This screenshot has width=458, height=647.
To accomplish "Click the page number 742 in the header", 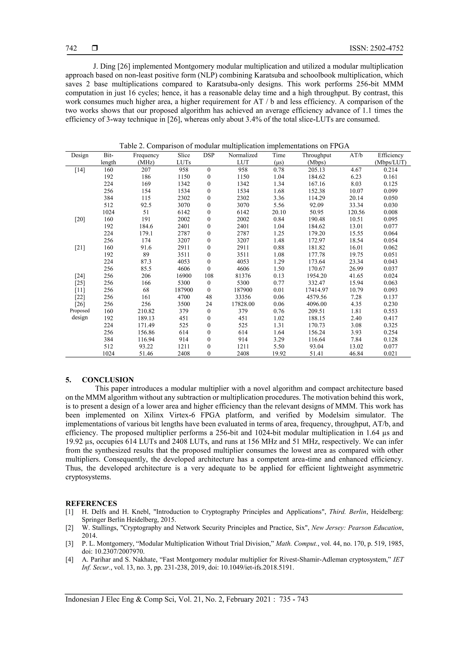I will (71, 48).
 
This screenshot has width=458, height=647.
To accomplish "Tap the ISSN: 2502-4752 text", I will (376, 48).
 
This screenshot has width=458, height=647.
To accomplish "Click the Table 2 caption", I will (234, 146).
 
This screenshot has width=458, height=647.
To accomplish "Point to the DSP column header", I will (209, 155).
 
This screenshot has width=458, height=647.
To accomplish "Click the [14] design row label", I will (80, 170).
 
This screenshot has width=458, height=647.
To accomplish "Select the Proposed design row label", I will (80, 314).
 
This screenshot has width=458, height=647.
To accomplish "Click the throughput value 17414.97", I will (316, 290).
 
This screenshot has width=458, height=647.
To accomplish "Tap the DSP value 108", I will (209, 276).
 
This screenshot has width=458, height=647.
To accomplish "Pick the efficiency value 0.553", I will (390, 311).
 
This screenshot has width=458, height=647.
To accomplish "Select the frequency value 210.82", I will (146, 311).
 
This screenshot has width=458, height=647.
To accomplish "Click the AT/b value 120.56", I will (356, 212).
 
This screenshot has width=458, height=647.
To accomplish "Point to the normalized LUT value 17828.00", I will (243, 304).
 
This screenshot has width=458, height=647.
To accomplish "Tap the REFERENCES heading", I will (91, 504).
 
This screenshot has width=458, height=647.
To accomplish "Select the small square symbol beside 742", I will (95, 48).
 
